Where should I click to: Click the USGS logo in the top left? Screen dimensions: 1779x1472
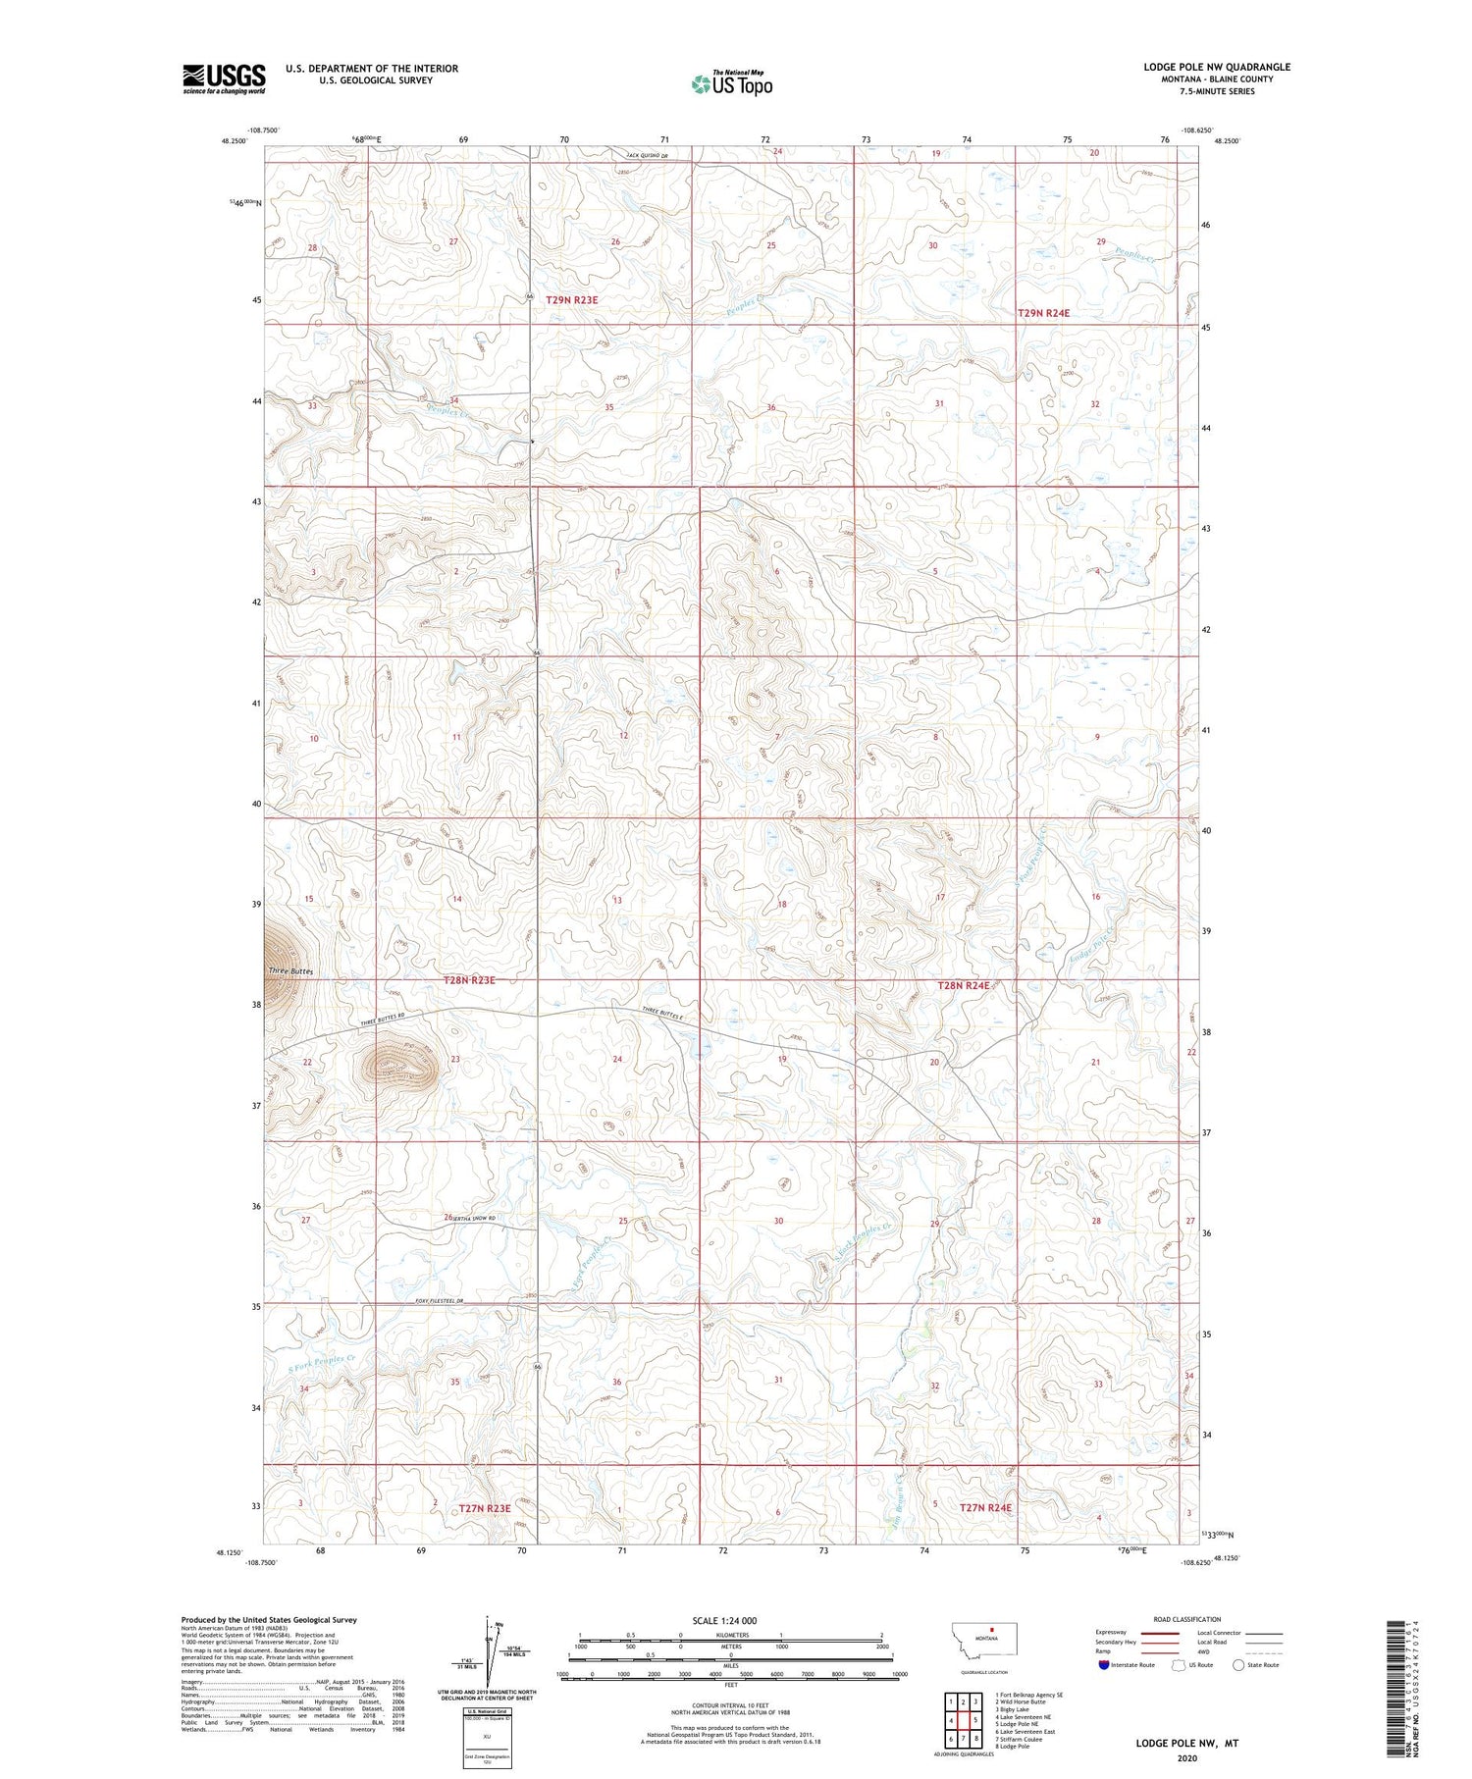[224, 78]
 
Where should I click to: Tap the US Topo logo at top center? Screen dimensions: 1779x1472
[731, 83]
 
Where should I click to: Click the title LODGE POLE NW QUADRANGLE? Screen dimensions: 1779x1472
[1216, 67]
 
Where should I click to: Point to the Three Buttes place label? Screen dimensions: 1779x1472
[290, 971]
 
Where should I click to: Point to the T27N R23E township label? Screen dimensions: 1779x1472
[485, 1508]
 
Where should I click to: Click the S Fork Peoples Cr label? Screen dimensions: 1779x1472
[321, 1363]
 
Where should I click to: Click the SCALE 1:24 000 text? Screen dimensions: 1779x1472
[724, 1620]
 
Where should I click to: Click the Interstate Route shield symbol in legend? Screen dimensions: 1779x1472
[1104, 1665]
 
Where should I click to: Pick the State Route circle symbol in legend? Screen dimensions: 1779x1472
[1238, 1665]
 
